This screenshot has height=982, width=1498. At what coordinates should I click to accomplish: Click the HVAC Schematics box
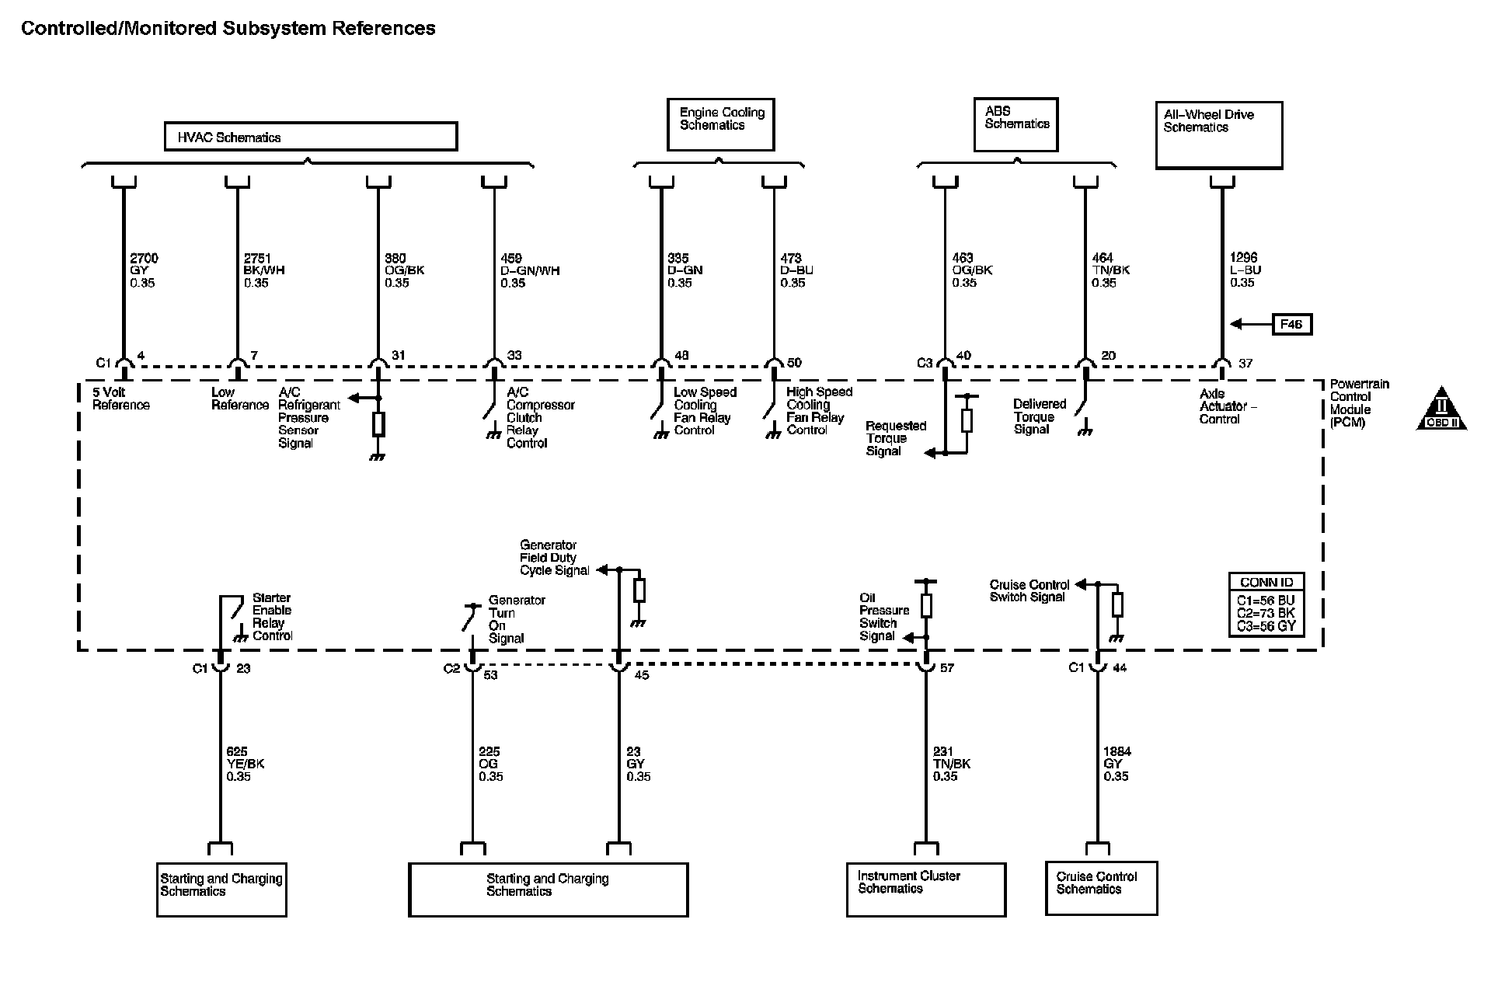[310, 137]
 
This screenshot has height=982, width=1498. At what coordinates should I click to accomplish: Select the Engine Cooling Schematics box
[720, 124]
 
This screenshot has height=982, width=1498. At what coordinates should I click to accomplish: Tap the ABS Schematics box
[1016, 124]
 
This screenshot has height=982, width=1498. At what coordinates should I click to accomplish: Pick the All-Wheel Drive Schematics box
[1218, 135]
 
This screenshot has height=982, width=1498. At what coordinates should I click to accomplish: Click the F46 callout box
[1291, 324]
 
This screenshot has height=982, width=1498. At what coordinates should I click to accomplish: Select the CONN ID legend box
[1266, 604]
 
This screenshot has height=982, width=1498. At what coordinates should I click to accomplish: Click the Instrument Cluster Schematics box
[925, 890]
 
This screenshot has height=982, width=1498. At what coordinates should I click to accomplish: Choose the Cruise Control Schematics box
[1101, 888]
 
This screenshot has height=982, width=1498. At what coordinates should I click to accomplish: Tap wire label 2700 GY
[143, 270]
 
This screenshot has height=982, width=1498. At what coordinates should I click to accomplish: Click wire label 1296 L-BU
[1245, 270]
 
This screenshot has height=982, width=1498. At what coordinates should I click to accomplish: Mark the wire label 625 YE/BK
[245, 764]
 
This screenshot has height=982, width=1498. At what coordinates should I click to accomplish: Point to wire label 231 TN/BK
[951, 764]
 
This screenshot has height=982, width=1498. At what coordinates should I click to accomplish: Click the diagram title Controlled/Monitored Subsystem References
[228, 29]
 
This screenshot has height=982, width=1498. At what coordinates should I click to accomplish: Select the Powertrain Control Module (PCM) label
[1359, 403]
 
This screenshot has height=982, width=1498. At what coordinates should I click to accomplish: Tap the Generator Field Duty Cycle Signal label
[554, 558]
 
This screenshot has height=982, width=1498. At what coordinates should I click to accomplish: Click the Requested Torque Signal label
[894, 438]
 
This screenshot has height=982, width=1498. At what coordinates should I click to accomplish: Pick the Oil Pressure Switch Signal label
[883, 617]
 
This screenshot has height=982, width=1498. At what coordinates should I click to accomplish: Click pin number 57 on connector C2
[947, 668]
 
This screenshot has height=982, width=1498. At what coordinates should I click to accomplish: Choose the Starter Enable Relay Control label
[272, 617]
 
